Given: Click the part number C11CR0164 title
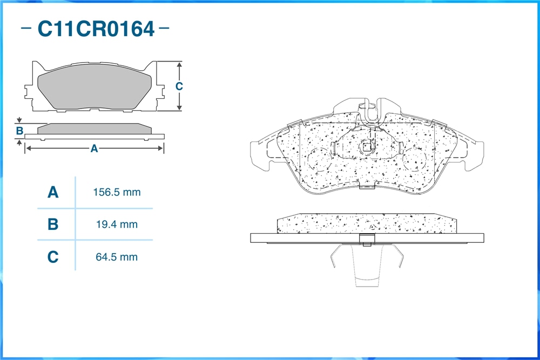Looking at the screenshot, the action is coord(96,29).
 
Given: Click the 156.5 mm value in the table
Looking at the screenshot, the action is coord(117,192).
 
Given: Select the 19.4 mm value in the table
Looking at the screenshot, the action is coord(117,225).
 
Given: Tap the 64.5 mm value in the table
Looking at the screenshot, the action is coord(117,257).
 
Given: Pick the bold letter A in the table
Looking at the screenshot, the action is coord(53,192).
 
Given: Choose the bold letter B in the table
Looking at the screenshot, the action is coord(53,225).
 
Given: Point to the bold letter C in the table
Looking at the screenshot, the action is coord(53,257).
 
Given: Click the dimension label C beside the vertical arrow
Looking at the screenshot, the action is coord(179,86).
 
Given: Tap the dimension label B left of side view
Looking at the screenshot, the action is coord(19,131).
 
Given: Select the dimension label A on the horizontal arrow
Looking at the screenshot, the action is coord(94,148).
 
